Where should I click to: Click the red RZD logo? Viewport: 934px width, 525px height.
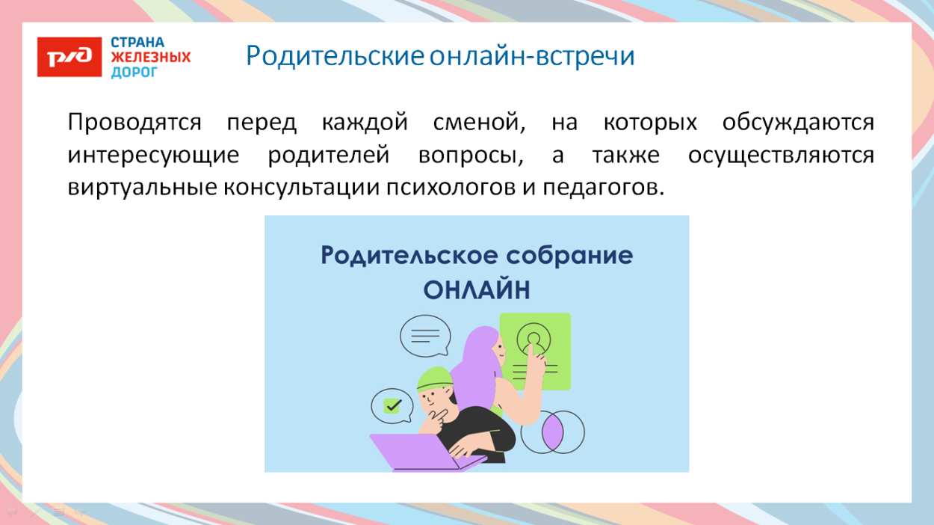(x=69, y=56)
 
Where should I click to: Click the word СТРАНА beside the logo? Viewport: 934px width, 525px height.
(x=137, y=43)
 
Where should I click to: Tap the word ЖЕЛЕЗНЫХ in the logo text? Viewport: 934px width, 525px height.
(x=151, y=58)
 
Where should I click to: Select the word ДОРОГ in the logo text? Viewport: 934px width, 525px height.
(x=134, y=72)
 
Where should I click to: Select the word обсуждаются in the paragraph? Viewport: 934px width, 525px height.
(x=797, y=123)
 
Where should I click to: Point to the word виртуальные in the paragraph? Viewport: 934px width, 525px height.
(x=140, y=188)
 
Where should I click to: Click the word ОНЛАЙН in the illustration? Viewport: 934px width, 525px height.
(x=477, y=289)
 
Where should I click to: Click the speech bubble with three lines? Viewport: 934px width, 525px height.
(x=424, y=336)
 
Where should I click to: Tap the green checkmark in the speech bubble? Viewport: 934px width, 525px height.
(x=393, y=406)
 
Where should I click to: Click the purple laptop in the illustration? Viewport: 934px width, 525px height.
(x=422, y=452)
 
